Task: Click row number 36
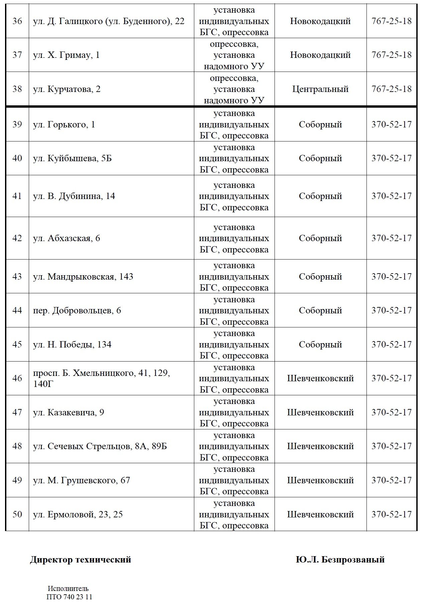click(17, 21)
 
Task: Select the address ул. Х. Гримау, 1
click(66, 55)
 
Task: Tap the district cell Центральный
click(320, 89)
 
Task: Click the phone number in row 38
click(391, 89)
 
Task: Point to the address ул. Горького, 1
click(64, 125)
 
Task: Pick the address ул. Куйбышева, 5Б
click(72, 158)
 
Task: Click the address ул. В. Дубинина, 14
click(74, 196)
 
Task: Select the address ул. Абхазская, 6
click(67, 238)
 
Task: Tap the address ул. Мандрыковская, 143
click(83, 277)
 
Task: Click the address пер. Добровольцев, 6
click(77, 310)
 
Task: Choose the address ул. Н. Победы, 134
click(72, 344)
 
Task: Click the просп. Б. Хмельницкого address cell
click(101, 378)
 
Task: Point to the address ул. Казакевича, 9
click(69, 412)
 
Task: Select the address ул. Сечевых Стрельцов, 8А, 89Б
click(100, 446)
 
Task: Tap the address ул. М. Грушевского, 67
click(81, 480)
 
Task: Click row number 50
click(17, 514)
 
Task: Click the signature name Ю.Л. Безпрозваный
click(340, 560)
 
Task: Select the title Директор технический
click(80, 560)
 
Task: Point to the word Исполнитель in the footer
click(68, 589)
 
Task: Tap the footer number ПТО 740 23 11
click(69, 597)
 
